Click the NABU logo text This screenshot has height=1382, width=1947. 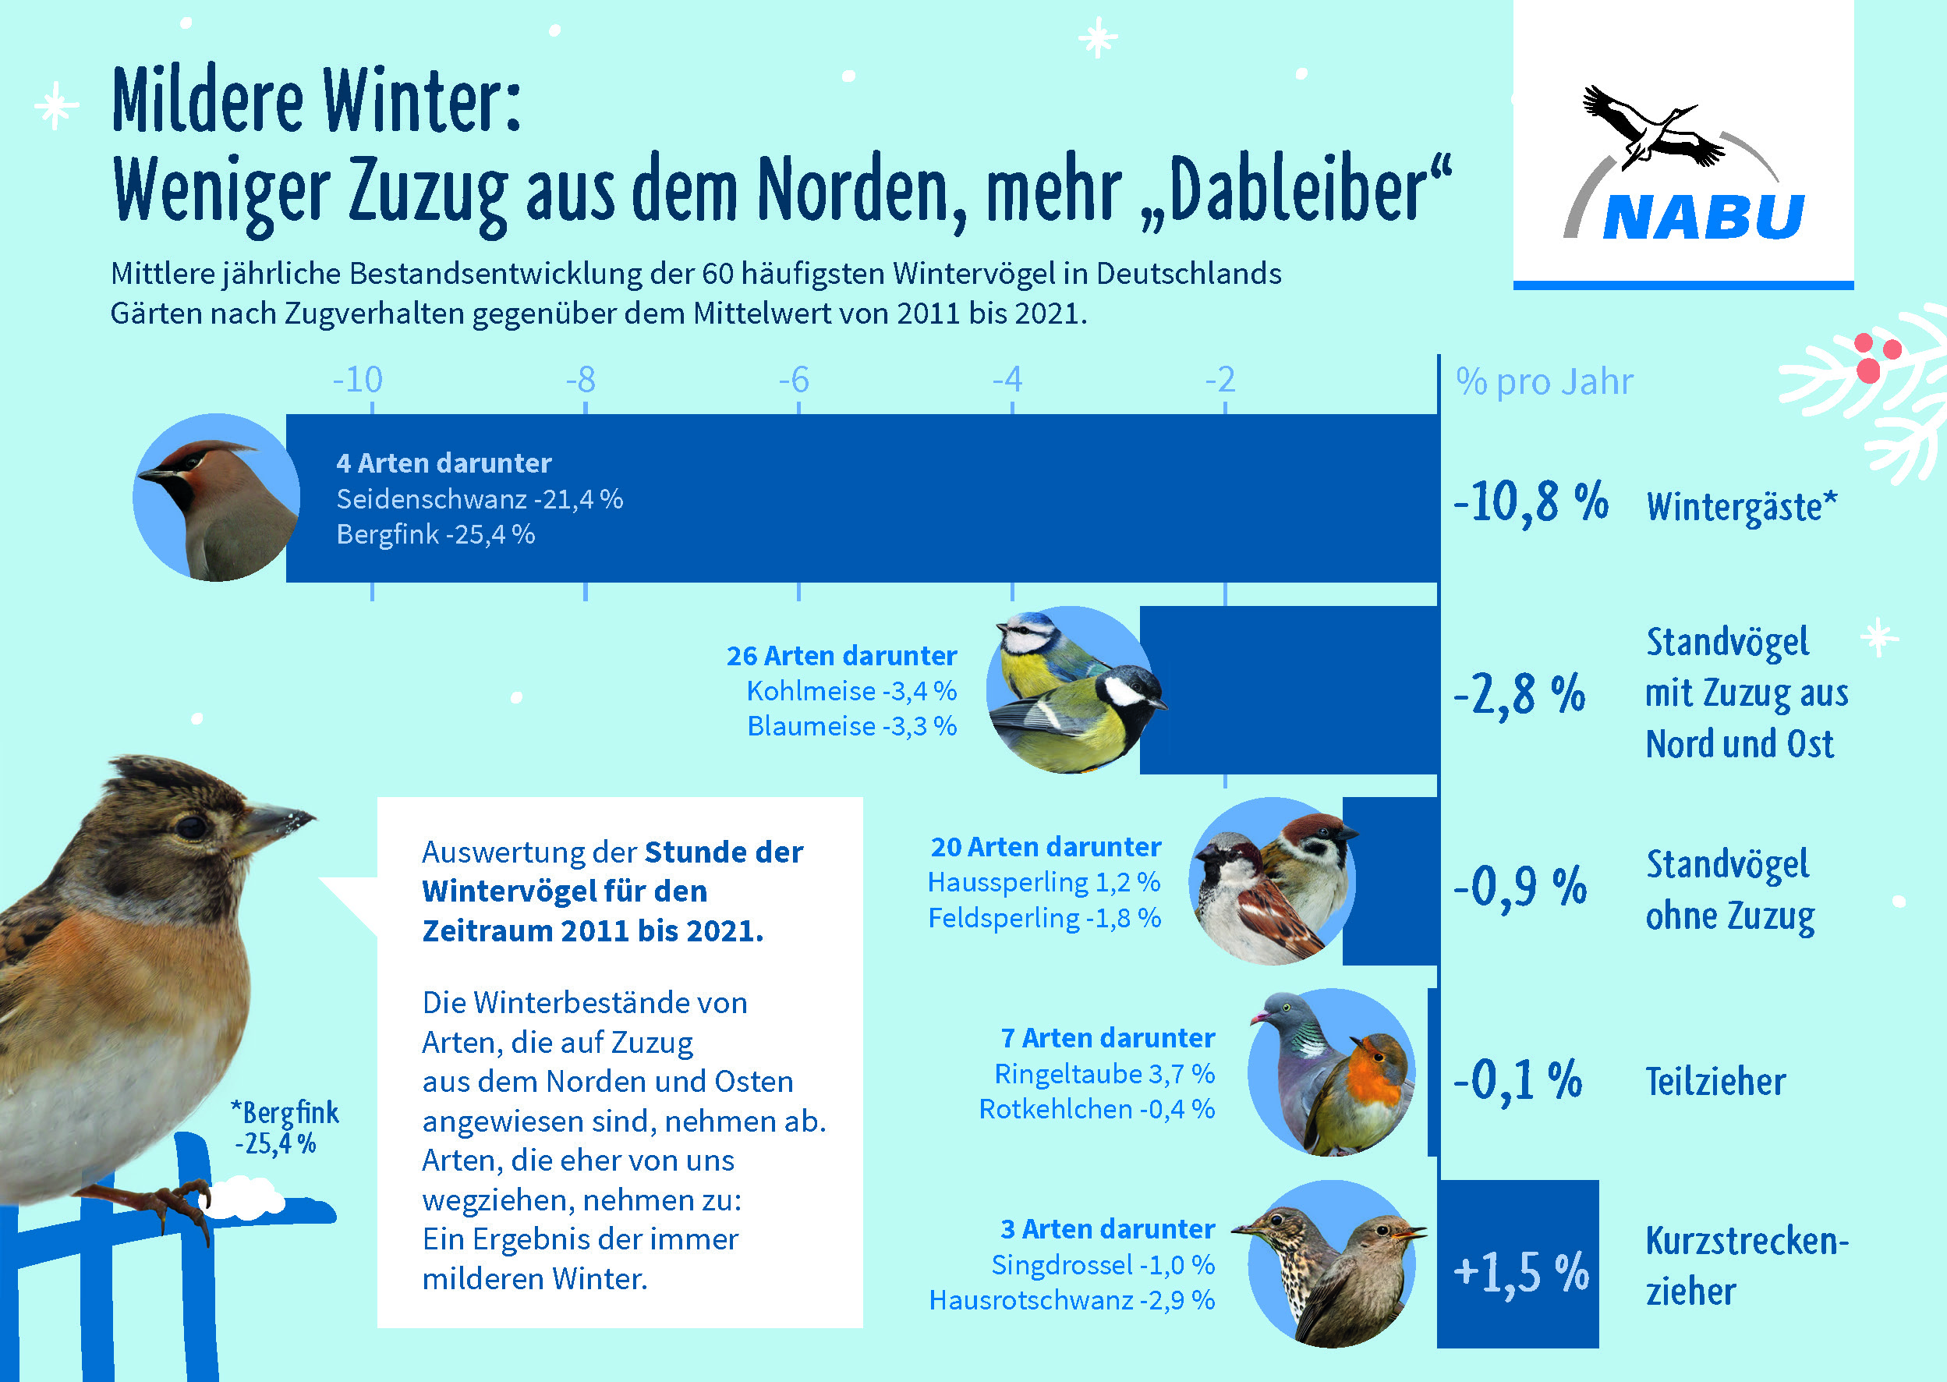1704,217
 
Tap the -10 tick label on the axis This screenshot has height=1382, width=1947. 357,380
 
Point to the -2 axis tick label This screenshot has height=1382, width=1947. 1220,380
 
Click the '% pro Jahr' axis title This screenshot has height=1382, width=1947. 1545,382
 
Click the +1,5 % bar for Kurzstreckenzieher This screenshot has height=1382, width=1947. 1518,1263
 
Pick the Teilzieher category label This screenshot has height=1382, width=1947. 1715,1082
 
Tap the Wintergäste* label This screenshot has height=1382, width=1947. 1742,506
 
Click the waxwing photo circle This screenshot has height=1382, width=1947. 216,498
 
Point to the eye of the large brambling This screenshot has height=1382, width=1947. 193,826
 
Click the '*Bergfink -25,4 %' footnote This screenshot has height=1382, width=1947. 285,1128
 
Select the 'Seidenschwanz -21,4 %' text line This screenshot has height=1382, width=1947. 480,498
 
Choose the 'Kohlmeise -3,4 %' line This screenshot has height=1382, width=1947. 851,691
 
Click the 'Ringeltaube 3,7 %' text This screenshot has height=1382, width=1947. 1104,1074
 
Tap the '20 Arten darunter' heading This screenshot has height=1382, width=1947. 1046,847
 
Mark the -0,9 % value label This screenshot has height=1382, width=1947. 1519,887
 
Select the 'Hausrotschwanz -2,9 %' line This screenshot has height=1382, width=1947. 1071,1300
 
